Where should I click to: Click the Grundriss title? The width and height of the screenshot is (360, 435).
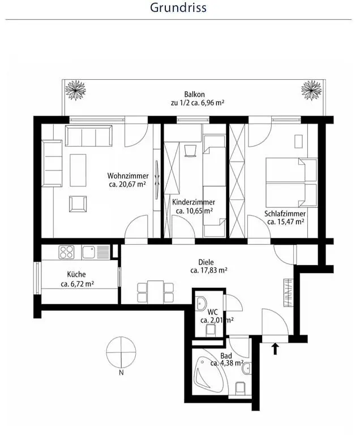pyautogui.click(x=178, y=7)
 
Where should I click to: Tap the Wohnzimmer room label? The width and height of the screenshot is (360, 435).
pyautogui.click(x=128, y=176)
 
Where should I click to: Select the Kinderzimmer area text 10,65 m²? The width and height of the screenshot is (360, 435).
pyautogui.click(x=194, y=211)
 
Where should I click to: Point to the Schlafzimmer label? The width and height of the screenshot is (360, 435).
pyautogui.click(x=285, y=214)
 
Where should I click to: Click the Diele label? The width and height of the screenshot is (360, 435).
pyautogui.click(x=206, y=262)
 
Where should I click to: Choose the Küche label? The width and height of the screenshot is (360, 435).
pyautogui.click(x=76, y=274)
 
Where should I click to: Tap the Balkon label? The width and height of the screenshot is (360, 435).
pyautogui.click(x=194, y=95)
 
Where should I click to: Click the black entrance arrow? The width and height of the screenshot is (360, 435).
pyautogui.click(x=275, y=349)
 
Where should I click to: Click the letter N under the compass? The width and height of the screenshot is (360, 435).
pyautogui.click(x=121, y=373)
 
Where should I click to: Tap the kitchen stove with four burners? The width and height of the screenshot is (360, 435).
pyautogui.click(x=66, y=252)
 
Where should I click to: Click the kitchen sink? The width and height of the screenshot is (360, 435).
pyautogui.click(x=89, y=252)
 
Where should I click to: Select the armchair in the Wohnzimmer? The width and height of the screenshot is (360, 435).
pyautogui.click(x=78, y=204)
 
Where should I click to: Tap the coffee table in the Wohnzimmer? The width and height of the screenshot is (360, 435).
pyautogui.click(x=78, y=170)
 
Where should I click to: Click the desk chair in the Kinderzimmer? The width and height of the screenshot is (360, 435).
pyautogui.click(x=190, y=150)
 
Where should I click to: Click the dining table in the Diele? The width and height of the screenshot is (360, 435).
pyautogui.click(x=156, y=292)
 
